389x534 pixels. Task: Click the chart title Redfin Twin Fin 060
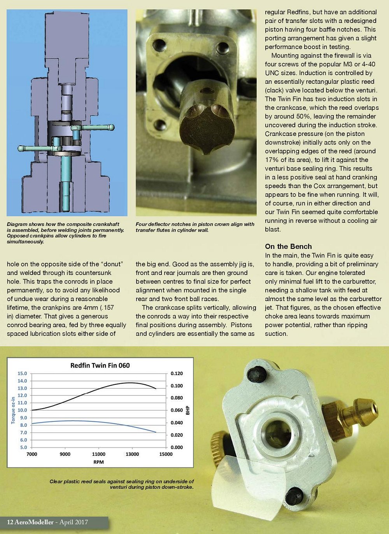click(100, 365)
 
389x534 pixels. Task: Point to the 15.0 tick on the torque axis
click(22, 374)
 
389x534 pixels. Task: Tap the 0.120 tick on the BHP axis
click(177, 374)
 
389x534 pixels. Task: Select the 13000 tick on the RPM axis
click(132, 454)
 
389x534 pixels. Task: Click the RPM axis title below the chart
click(98, 462)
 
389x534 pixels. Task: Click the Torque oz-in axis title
click(13, 410)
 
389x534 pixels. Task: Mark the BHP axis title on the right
click(188, 410)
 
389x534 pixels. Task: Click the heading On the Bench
click(288, 246)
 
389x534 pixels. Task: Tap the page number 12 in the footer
click(10, 522)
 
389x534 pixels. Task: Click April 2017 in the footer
click(74, 522)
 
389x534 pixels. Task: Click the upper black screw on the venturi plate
click(257, 375)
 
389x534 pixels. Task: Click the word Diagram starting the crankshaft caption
click(17, 224)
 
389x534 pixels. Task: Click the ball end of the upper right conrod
click(112, 127)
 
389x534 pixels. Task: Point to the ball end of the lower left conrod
click(21, 148)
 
